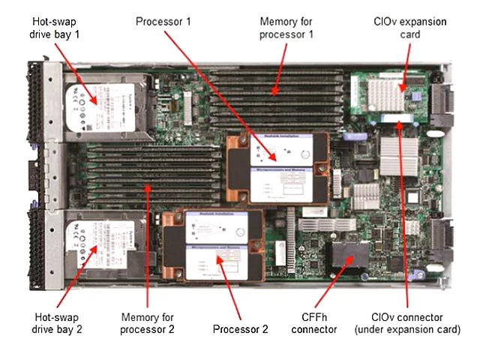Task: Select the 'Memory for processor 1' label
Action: (x=286, y=28)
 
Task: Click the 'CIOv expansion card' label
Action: (x=420, y=28)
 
